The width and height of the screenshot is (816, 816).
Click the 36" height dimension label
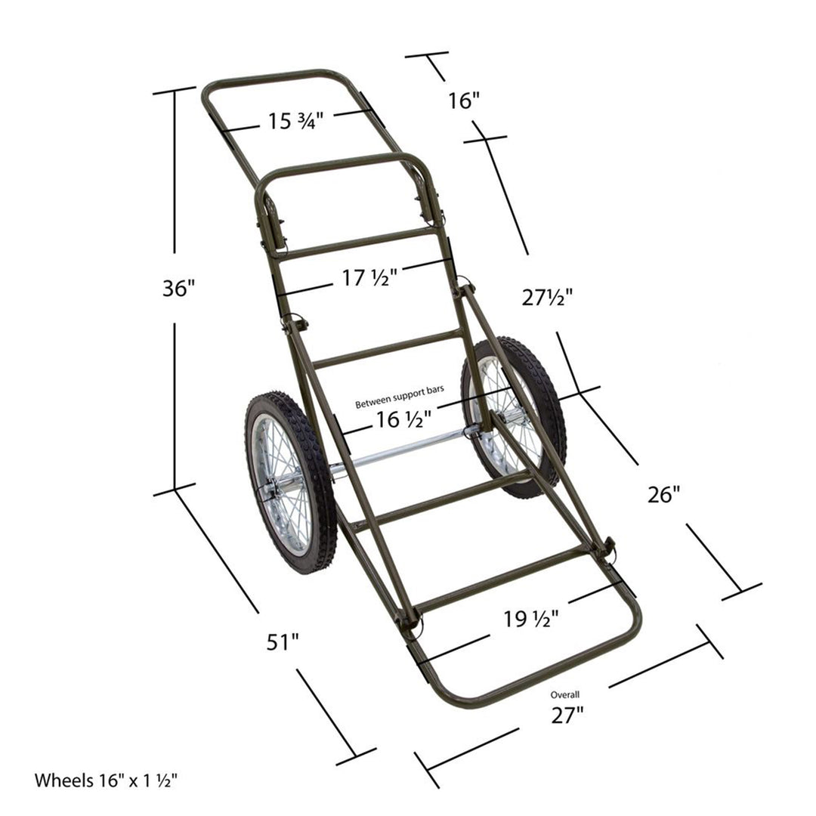click(178, 288)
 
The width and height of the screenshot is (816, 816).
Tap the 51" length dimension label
click(283, 642)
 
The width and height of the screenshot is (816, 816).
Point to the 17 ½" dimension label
click(369, 278)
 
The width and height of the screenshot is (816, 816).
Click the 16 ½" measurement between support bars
click(403, 419)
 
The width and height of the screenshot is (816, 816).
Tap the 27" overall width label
click(567, 715)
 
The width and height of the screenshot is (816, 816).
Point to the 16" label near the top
click(464, 100)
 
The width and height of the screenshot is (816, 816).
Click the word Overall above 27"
click(564, 694)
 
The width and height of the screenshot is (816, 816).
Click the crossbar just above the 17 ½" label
click(355, 243)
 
